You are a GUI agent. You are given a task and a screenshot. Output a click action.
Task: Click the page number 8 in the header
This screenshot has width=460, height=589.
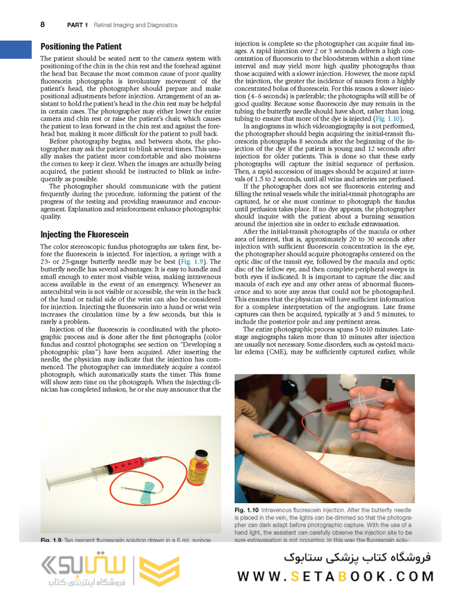pyautogui.click(x=43, y=25)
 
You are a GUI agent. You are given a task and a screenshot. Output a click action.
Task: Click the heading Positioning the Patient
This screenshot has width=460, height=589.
pyautogui.click(x=81, y=47)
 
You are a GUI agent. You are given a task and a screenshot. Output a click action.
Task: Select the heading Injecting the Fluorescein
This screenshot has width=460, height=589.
pyautogui.click(x=85, y=235)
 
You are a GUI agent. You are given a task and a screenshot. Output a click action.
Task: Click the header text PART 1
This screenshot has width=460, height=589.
pyautogui.click(x=78, y=25)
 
